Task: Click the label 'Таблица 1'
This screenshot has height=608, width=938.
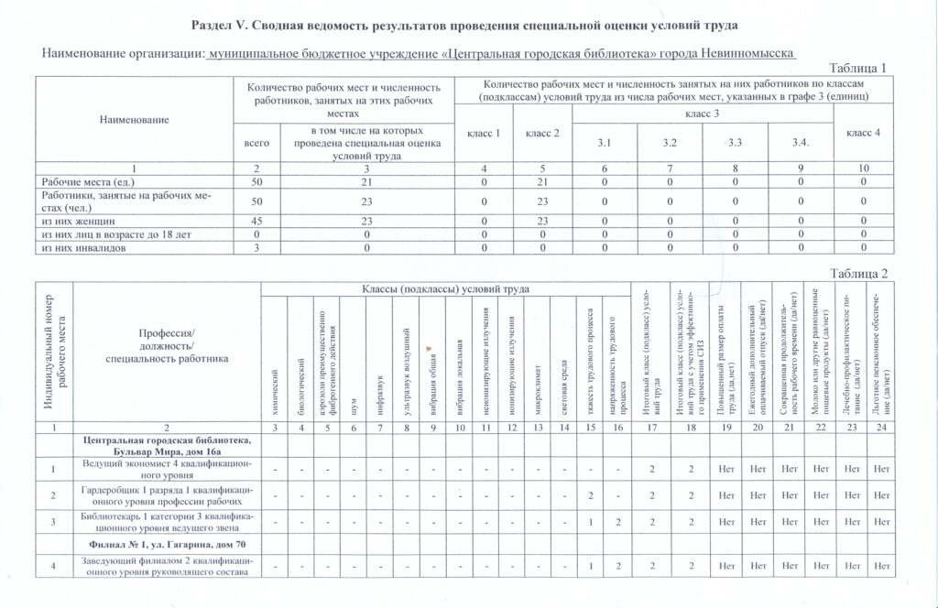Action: pyautogui.click(x=857, y=69)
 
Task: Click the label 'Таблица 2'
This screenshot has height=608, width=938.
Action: pyautogui.click(x=857, y=274)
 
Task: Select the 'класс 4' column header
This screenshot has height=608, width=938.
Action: pyautogui.click(x=863, y=134)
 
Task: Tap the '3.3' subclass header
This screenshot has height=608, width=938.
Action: pyautogui.click(x=735, y=144)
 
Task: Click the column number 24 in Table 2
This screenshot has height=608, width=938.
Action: pyautogui.click(x=882, y=428)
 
